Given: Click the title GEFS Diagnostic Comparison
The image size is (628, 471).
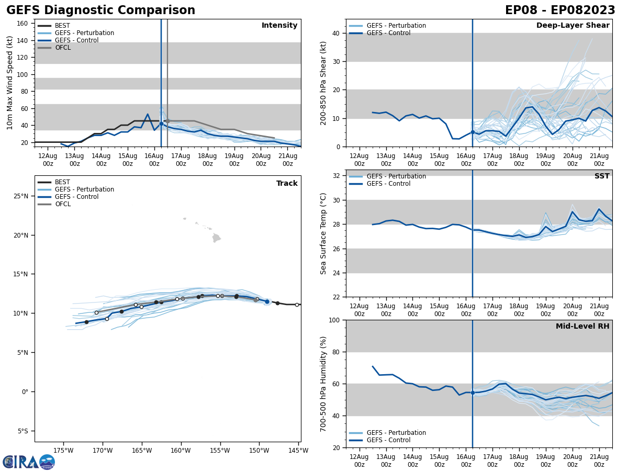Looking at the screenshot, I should [x=100, y=10].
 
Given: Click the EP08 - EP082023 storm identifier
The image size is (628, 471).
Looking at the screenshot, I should [x=560, y=10].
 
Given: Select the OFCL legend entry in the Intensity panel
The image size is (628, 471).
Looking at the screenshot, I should [x=63, y=48].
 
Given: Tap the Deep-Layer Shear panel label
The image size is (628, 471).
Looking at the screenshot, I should [x=573, y=26].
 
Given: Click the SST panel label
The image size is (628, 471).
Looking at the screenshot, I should [x=602, y=176].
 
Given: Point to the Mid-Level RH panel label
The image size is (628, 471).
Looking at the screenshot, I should [x=582, y=327].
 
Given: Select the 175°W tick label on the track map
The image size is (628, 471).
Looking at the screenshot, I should [x=63, y=450].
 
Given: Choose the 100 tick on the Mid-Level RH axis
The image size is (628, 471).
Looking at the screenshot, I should [x=333, y=320].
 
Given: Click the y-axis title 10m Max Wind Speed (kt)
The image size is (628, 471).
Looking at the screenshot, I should [x=10, y=83].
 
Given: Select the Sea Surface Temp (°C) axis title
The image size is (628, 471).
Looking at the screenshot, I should [x=324, y=233].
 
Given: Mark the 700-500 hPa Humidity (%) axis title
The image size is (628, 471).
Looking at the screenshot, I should [x=324, y=384].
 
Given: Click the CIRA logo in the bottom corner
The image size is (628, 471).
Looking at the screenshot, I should [x=29, y=462].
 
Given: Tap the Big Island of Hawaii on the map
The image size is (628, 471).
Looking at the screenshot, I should [x=216, y=238].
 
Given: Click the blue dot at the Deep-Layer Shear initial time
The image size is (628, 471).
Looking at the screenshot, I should [x=473, y=132].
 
